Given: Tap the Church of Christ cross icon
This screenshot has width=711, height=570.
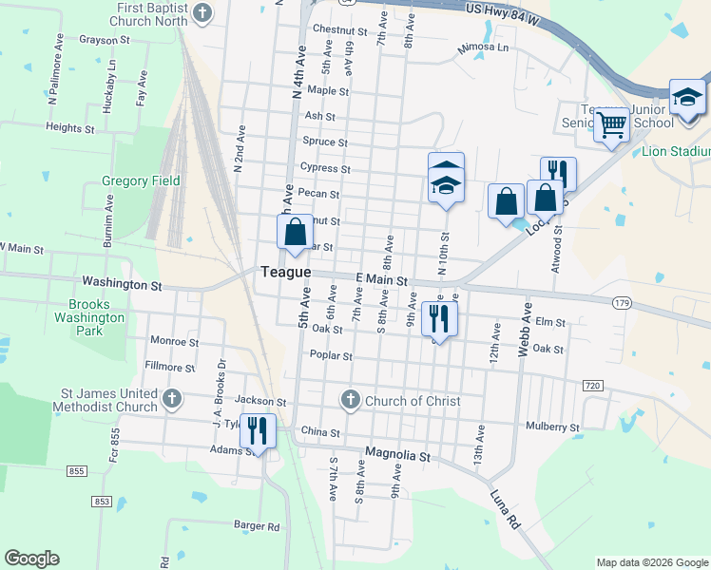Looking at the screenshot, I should (351, 400).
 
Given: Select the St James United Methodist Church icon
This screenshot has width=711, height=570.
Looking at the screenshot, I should (171, 399).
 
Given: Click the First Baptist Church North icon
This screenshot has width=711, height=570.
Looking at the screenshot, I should (202, 12).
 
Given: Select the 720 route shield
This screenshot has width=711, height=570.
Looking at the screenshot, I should (591, 385).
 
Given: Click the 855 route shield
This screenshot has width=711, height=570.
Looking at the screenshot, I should (77, 471).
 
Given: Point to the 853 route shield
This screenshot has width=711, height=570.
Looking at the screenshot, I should (102, 501).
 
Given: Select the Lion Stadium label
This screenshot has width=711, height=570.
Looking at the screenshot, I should (677, 151).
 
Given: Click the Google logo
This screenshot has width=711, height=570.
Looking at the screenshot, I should (31, 558).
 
